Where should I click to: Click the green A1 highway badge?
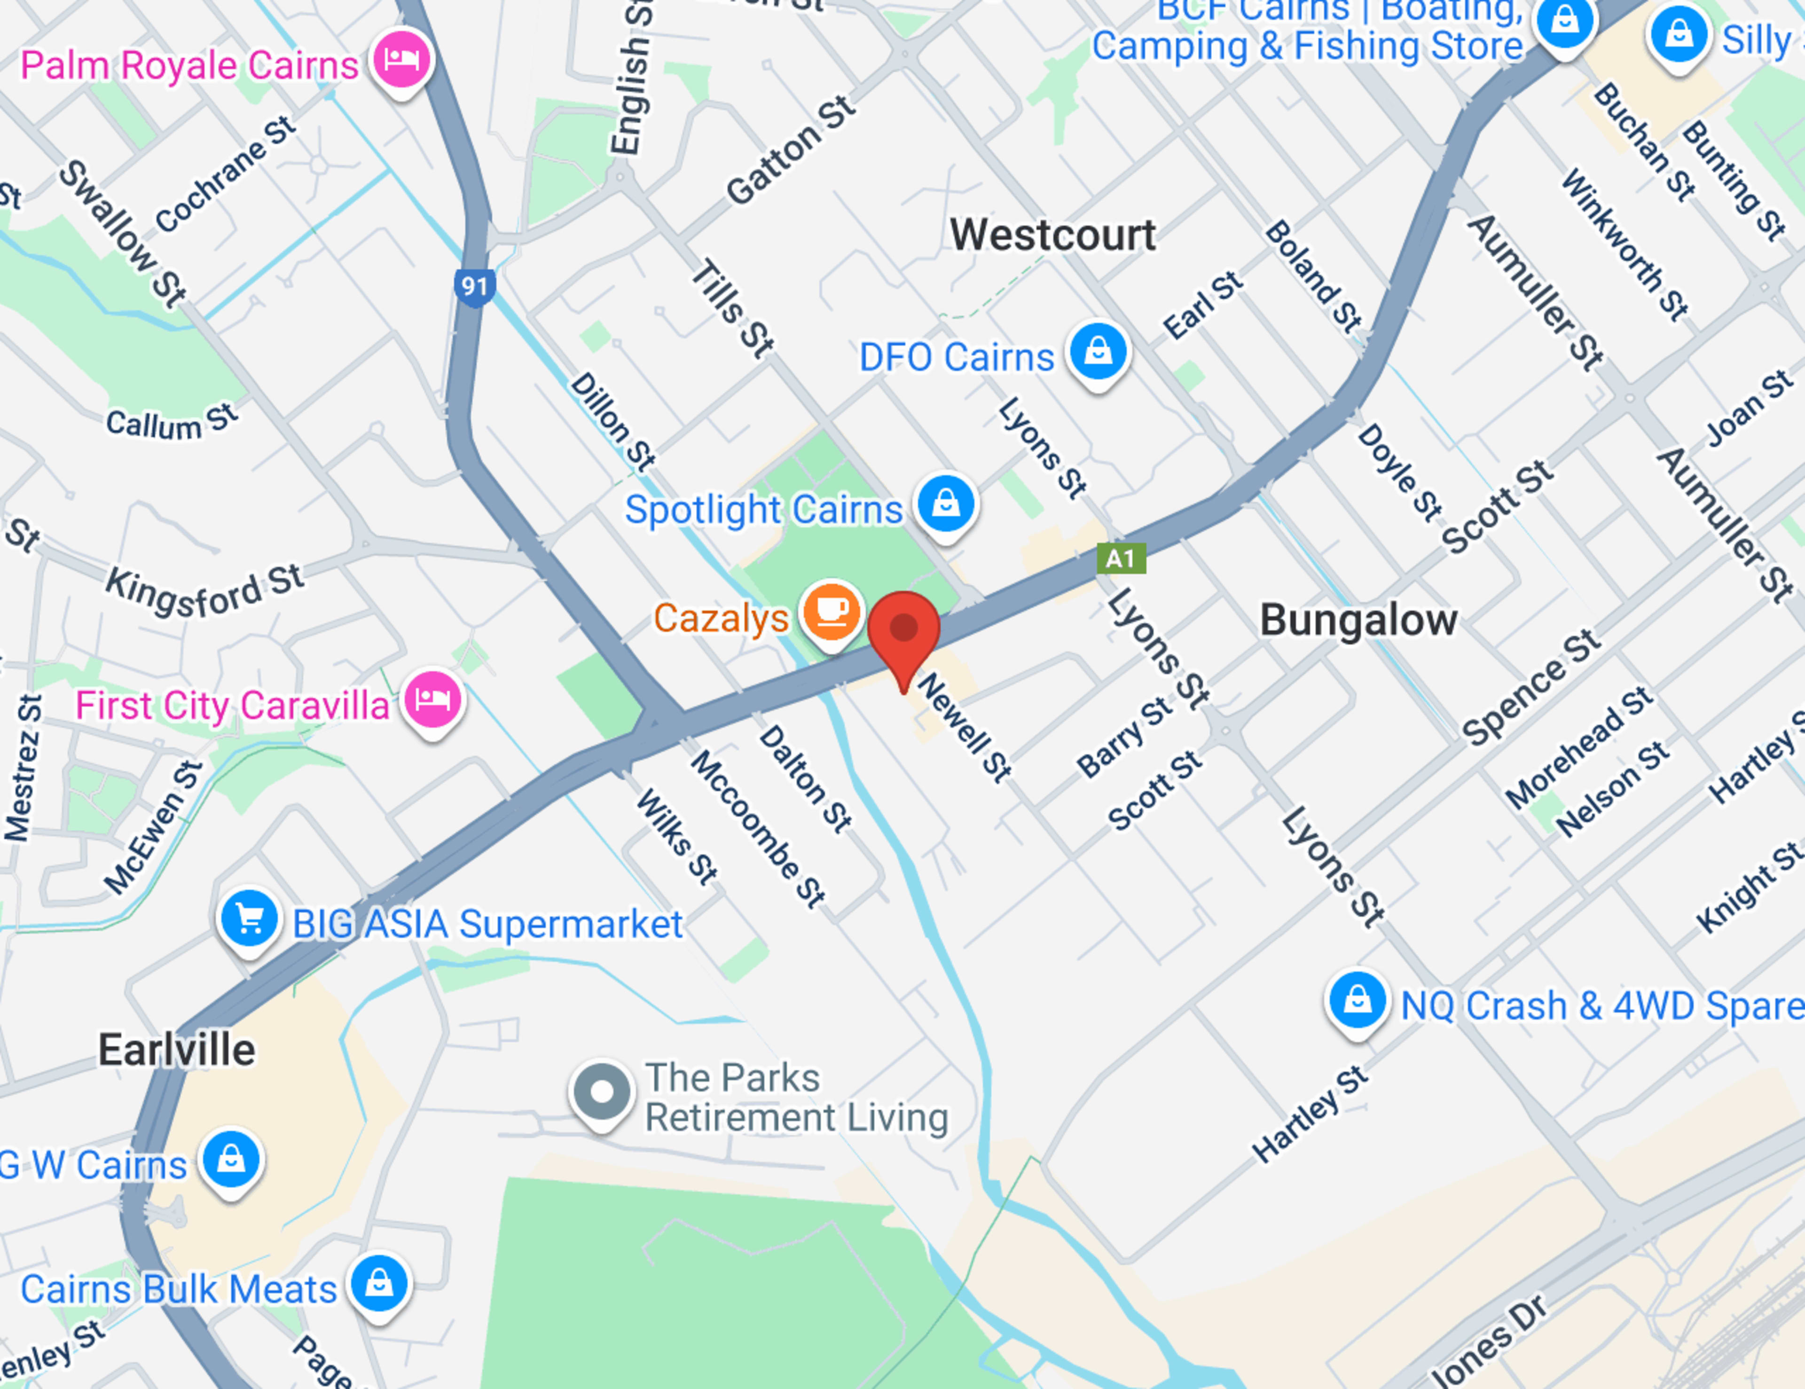[x=1121, y=558]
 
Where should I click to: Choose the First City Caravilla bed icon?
[x=432, y=700]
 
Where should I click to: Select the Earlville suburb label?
[x=177, y=1050]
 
